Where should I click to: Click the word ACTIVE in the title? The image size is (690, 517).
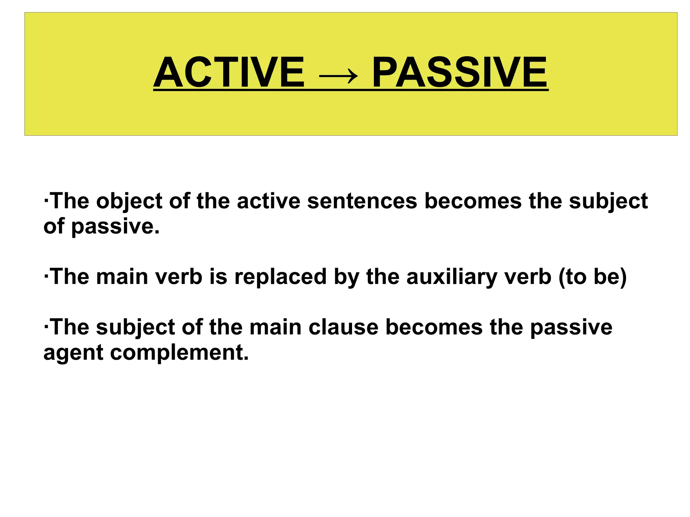[229, 72]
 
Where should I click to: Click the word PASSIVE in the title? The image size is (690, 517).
[460, 72]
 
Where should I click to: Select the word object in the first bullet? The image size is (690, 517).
[129, 201]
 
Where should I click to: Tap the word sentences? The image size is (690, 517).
[362, 201]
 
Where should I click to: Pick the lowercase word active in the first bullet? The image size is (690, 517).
[269, 201]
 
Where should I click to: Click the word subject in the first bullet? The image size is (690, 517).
[608, 201]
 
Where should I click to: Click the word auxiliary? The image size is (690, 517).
[452, 277]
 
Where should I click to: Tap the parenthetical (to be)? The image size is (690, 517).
[593, 277]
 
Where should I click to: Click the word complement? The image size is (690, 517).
[179, 353]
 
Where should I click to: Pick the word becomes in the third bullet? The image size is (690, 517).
[434, 327]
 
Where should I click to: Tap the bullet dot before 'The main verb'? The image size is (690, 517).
[46, 277]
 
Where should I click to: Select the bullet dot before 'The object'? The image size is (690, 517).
[46, 201]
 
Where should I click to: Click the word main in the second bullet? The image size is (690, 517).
[122, 277]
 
